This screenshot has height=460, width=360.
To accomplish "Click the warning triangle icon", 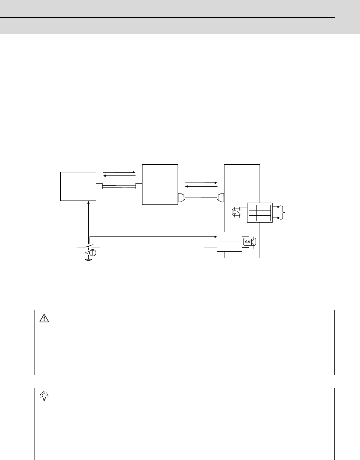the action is [x=44, y=318].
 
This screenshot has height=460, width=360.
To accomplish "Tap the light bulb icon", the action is [x=44, y=396].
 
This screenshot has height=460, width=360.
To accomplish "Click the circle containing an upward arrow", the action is [x=93, y=253].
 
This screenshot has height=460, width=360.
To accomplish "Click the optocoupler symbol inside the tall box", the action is [x=249, y=242].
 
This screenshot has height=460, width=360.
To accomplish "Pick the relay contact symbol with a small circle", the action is [x=236, y=212].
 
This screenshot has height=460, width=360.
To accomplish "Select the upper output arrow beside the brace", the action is [x=276, y=207].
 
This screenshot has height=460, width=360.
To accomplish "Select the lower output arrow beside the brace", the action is [x=276, y=218].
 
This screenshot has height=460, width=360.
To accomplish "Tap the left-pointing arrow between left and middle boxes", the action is [x=119, y=176].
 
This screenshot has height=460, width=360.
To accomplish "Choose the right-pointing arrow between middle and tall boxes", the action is [x=201, y=183].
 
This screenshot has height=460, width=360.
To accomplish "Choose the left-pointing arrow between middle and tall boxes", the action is [x=201, y=187].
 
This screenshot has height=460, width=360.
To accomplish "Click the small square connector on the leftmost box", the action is [x=99, y=186].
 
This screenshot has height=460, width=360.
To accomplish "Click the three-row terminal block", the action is [x=260, y=213].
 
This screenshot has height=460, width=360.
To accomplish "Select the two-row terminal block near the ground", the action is [x=229, y=242].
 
